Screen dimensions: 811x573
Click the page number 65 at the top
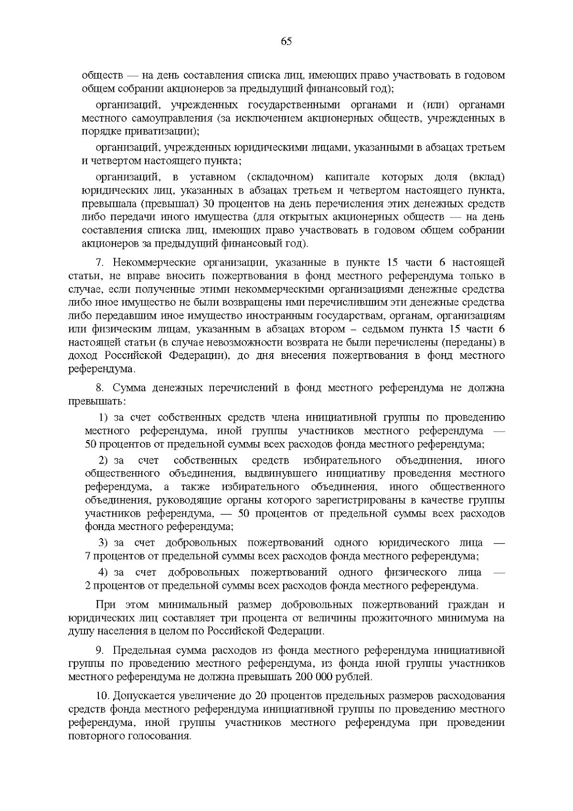tap(286, 41)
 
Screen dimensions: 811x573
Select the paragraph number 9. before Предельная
tap(100, 650)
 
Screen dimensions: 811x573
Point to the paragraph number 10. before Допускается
tap(102, 695)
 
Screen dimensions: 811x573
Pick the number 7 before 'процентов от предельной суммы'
tap(87, 556)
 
